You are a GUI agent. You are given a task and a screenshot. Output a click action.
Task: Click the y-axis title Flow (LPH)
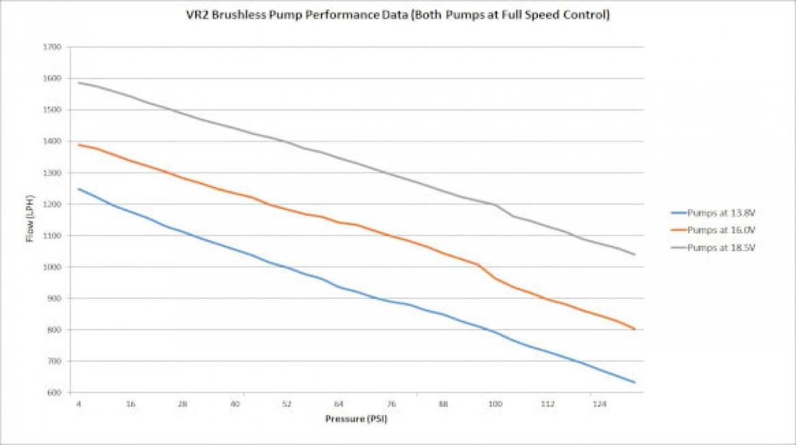tap(30, 219)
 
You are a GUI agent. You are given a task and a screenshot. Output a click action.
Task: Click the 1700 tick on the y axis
tap(54, 47)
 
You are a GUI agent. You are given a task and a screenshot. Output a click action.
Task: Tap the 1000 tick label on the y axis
tap(54, 267)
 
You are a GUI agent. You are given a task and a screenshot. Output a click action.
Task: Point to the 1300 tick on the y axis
tap(54, 173)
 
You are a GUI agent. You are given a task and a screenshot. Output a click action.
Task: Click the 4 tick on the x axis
tap(78, 404)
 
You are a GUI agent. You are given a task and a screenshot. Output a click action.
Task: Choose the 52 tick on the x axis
tap(287, 404)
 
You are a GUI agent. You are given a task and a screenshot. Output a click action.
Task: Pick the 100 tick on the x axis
tap(495, 404)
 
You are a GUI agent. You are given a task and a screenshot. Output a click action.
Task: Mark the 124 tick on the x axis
tap(599, 404)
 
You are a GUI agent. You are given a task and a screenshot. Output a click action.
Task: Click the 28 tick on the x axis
tap(183, 404)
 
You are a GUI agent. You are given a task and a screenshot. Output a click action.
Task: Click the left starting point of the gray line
tap(79, 82)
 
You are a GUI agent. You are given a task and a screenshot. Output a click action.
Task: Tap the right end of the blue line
tap(634, 382)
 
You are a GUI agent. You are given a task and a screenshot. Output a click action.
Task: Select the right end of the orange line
tap(634, 329)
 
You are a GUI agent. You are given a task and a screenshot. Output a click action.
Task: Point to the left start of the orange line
tap(79, 145)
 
